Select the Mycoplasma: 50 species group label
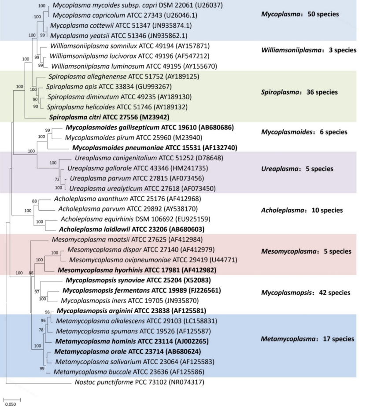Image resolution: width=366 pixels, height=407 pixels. click(x=300, y=14)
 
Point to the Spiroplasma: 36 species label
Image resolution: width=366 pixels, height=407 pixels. click(x=299, y=92)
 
